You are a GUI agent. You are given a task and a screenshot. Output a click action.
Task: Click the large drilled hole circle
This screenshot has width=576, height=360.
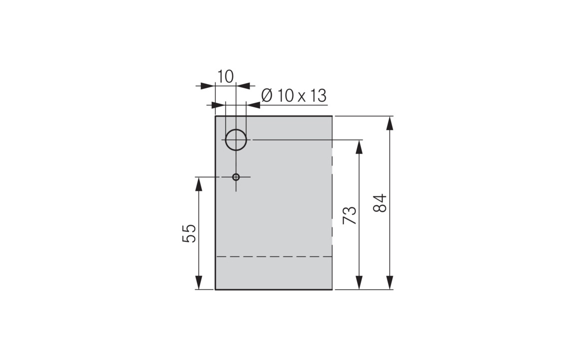[236, 140]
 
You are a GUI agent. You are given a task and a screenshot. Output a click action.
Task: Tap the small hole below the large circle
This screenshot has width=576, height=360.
[236, 177]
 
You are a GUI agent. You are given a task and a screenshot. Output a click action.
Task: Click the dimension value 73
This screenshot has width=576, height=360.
[350, 215]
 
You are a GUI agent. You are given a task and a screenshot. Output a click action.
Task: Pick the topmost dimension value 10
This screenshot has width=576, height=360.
[225, 76]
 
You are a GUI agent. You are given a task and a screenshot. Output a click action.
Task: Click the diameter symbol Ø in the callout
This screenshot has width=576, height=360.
[267, 95]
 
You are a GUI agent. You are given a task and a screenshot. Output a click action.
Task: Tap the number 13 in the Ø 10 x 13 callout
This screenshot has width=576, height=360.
[317, 95]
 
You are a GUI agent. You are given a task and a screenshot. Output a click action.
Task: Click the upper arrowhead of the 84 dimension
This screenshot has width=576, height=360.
[390, 123]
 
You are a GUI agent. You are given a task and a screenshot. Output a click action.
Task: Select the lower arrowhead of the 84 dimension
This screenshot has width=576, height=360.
[390, 283]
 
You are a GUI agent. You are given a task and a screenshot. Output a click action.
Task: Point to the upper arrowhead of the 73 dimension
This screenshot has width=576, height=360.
[358, 147]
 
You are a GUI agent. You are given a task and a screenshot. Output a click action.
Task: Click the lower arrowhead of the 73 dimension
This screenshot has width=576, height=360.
[358, 283]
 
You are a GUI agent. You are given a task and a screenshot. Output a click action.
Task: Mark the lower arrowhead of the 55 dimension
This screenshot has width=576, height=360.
[199, 283]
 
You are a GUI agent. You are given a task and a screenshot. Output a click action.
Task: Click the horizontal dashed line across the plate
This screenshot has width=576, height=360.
[274, 256]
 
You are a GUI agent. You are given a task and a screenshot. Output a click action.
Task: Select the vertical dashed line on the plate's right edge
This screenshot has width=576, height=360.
[332, 199]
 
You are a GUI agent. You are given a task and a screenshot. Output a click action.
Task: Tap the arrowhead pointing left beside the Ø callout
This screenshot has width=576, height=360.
[254, 105]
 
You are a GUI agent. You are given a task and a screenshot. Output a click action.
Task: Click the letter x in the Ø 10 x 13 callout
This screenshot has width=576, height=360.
[302, 97]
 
